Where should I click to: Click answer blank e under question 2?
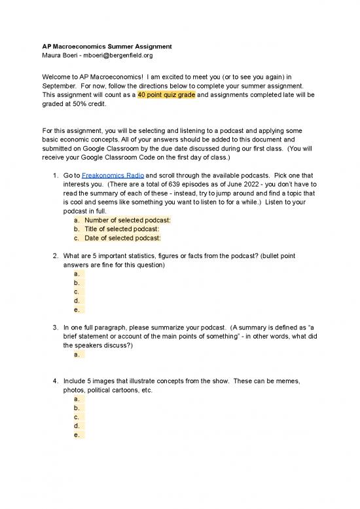(79, 310)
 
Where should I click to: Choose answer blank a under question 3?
(79, 354)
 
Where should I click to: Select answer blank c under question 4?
(79, 416)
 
